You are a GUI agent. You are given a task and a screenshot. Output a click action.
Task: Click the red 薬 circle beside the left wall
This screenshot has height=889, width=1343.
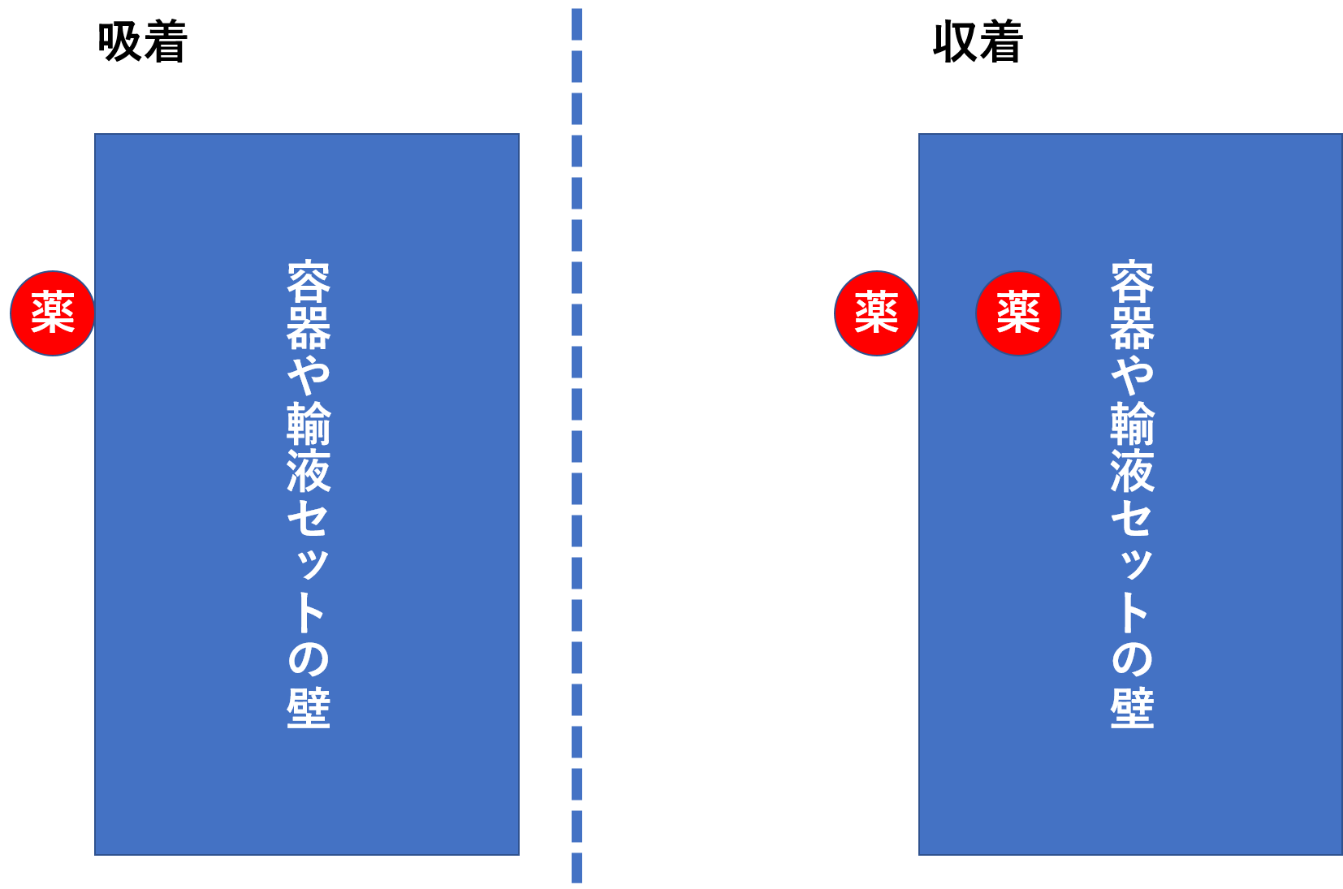pyautogui.click(x=53, y=313)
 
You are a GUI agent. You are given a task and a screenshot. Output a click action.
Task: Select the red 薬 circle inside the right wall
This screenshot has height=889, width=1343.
pyautogui.click(x=1018, y=313)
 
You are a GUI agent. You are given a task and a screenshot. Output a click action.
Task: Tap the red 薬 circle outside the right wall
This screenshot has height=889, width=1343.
pyautogui.click(x=876, y=313)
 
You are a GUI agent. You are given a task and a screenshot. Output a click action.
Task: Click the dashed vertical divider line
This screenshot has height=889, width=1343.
pyautogui.click(x=576, y=447)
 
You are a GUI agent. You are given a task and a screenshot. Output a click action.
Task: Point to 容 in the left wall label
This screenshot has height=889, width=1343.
pyautogui.click(x=309, y=282)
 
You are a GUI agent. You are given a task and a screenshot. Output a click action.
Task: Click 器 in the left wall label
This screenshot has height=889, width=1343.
pyautogui.click(x=309, y=328)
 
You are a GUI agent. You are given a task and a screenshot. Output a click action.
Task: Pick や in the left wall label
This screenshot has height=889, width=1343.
pyautogui.click(x=309, y=374)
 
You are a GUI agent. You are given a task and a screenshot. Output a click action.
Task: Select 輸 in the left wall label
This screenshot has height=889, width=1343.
pyautogui.click(x=309, y=422)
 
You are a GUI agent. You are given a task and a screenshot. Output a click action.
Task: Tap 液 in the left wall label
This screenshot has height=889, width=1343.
pyautogui.click(x=309, y=470)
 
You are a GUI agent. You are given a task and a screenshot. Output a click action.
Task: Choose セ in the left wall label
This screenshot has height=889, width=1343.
pyautogui.click(x=309, y=517)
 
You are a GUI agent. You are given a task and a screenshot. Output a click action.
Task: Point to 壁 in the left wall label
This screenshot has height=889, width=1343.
pyautogui.click(x=309, y=707)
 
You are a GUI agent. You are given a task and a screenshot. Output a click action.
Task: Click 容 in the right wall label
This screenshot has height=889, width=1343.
pyautogui.click(x=1132, y=282)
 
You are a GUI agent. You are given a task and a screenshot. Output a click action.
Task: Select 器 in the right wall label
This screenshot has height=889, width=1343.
pyautogui.click(x=1132, y=328)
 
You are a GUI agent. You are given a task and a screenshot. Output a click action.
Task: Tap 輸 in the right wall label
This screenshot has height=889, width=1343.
pyautogui.click(x=1132, y=422)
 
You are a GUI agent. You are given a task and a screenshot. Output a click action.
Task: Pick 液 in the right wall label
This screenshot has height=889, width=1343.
pyautogui.click(x=1132, y=470)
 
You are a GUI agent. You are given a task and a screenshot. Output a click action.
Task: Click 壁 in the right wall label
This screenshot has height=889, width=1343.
pyautogui.click(x=1132, y=707)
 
